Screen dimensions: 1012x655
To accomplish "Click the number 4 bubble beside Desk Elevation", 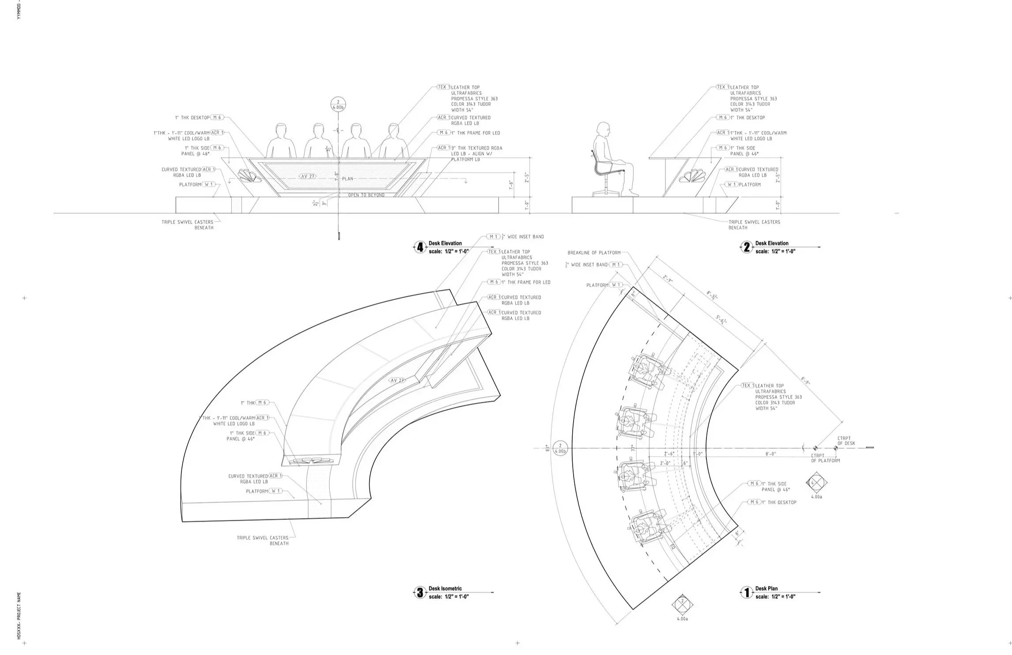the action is (x=420, y=247).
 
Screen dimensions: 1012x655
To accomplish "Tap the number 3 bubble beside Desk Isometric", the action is (x=420, y=593).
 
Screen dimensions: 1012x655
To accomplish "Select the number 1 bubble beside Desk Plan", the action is (x=747, y=593).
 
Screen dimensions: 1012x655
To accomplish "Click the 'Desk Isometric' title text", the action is (x=445, y=589).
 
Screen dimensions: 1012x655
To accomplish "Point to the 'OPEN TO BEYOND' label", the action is (x=366, y=195).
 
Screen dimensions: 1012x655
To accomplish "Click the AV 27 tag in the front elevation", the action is (x=308, y=176).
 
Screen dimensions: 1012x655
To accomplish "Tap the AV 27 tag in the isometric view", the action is (x=396, y=380).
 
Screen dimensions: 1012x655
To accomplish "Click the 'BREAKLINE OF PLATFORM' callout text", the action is (x=594, y=253).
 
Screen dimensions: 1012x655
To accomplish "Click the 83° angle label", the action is (x=547, y=448).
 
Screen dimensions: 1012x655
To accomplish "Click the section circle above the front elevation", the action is (x=338, y=105).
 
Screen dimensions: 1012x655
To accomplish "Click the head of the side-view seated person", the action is (x=602, y=129).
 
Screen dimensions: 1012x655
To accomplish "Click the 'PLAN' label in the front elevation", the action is (x=347, y=179).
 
